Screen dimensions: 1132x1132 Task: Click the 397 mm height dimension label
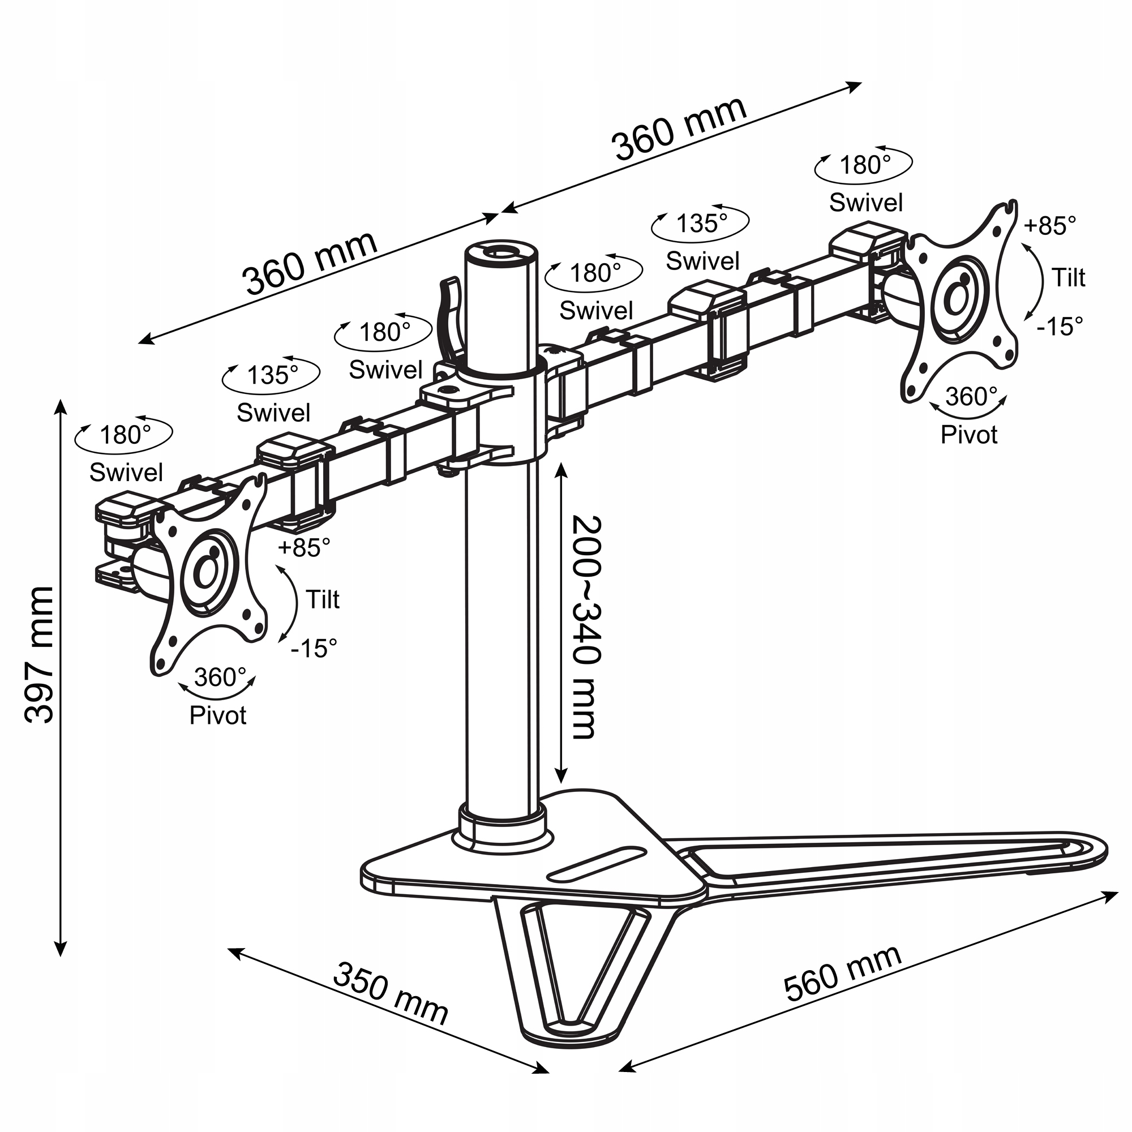coord(40,655)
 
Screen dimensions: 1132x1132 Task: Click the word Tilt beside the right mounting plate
coord(1068,278)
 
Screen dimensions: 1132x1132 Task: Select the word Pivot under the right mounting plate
coord(968,435)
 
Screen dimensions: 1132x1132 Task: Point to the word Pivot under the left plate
coord(218,715)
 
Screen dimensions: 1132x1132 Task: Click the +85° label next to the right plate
coord(1050,226)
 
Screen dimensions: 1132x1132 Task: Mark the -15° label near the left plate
coord(315,648)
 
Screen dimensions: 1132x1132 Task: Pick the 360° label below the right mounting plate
coord(971,397)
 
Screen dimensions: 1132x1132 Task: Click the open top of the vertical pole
coord(500,253)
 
